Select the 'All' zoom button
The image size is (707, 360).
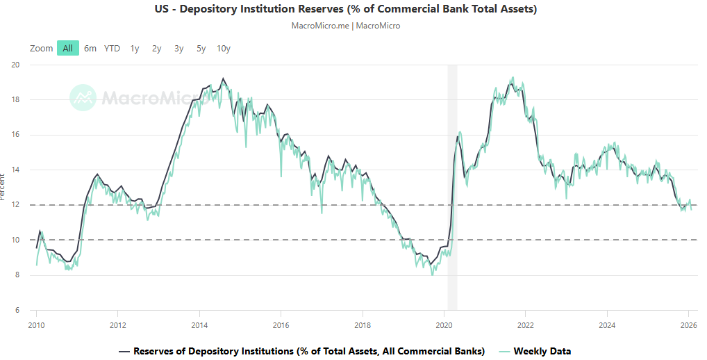[67, 48]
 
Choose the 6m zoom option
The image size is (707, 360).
[90, 48]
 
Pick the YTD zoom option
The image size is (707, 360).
[112, 48]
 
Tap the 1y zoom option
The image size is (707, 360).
[135, 48]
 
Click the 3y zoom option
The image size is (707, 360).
[179, 48]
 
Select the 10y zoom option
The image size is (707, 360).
[224, 48]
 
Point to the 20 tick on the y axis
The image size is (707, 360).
[16, 65]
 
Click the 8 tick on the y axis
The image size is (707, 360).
[18, 275]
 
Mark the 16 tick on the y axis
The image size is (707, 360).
[16, 135]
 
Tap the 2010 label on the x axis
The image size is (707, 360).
[36, 325]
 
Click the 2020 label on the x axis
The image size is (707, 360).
[444, 325]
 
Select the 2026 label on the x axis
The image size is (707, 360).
[688, 325]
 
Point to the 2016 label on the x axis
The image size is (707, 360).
[281, 325]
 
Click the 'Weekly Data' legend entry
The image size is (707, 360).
[542, 351]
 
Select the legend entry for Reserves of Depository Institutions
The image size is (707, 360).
[308, 351]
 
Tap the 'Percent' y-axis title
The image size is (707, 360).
[3, 188]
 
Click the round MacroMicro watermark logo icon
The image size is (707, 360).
[83, 97]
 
